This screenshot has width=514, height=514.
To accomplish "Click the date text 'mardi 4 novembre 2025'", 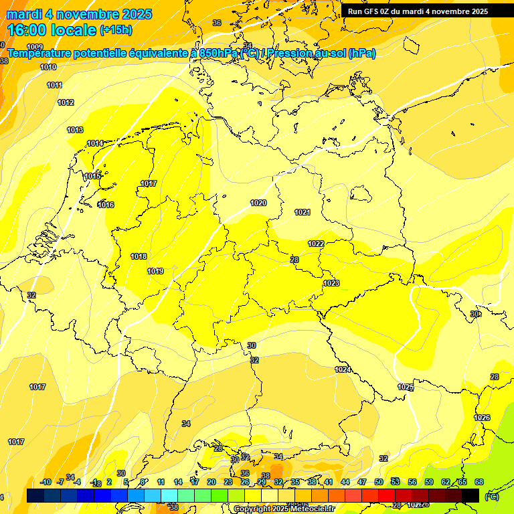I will click(79, 14).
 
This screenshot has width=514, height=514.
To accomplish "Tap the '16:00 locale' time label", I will click(52, 30).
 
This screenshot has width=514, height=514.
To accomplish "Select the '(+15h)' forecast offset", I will click(116, 30).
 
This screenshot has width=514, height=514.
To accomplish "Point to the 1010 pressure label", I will click(48, 67).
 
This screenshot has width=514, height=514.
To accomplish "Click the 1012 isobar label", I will click(66, 102).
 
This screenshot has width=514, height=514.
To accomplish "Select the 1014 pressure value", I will click(95, 143).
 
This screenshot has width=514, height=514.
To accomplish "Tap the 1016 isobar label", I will click(106, 205).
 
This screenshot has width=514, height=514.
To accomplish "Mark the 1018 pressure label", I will click(139, 256).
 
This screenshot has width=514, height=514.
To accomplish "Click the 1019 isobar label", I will click(155, 271).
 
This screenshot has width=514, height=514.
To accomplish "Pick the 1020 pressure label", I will click(258, 203).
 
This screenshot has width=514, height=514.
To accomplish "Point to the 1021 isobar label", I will click(303, 212).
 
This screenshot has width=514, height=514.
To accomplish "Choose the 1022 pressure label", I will click(316, 244).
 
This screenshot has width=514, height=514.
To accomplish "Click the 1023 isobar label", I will click(331, 283).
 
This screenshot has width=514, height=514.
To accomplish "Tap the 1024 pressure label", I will click(343, 369).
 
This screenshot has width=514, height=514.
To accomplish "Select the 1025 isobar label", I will click(406, 387).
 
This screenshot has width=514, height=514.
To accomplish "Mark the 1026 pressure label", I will click(482, 418).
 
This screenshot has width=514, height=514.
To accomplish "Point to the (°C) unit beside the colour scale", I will click(492, 496).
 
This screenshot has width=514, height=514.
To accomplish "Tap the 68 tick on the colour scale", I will click(479, 482).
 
